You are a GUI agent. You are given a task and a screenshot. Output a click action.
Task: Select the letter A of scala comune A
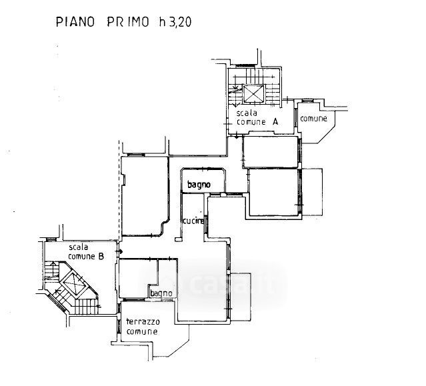[x=274, y=123]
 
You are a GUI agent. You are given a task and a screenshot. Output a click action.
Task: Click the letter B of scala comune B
[x=101, y=255]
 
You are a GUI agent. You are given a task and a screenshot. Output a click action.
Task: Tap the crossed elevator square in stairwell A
[x=253, y=94]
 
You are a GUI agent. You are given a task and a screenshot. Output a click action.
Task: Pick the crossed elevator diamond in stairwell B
[x=73, y=285]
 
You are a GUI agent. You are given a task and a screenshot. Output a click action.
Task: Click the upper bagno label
[x=199, y=185]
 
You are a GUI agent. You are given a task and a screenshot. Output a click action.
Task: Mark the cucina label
[x=193, y=221]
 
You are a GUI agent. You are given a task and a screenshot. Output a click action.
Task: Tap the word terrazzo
[x=143, y=322]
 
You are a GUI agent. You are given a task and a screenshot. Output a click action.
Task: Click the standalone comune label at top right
[x=313, y=119]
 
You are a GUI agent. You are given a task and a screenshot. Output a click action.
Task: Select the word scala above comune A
[x=247, y=114]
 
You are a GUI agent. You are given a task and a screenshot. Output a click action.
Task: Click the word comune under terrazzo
[x=143, y=331]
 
